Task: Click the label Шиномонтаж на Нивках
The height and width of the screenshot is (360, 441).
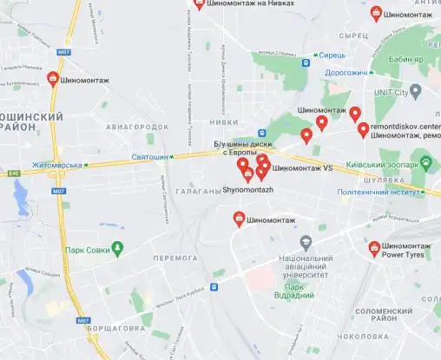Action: [251, 4]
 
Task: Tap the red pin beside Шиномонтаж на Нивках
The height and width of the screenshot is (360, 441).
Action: [198, 3]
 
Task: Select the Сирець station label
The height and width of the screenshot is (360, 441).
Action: [332, 54]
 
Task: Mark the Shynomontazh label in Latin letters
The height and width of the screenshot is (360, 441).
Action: [247, 189]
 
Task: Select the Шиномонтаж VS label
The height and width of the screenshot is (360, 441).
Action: [303, 168]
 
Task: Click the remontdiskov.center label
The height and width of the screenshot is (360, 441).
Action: [405, 125]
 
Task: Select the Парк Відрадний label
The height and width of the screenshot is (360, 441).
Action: [299, 291]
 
